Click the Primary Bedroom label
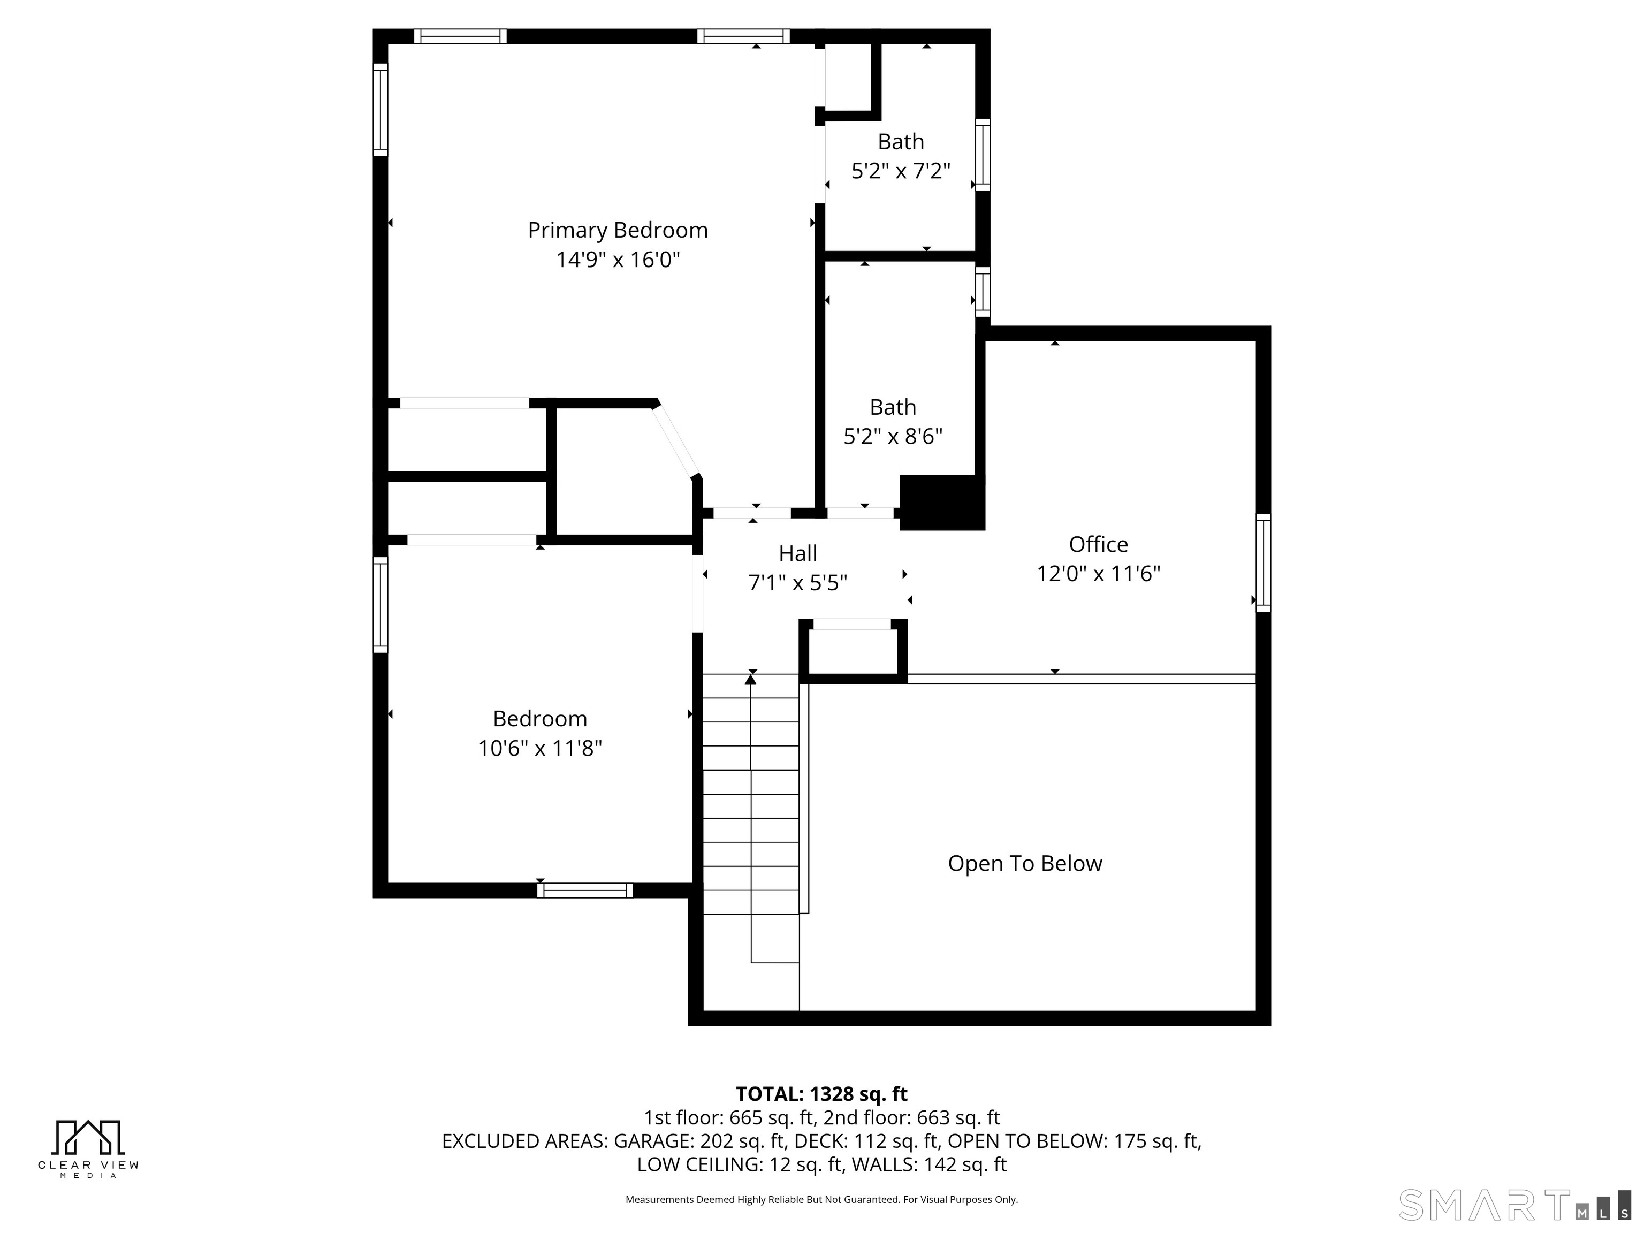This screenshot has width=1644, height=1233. pyautogui.click(x=618, y=231)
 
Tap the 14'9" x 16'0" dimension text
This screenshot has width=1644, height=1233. pyautogui.click(x=618, y=260)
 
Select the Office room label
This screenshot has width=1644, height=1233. pyautogui.click(x=1099, y=544)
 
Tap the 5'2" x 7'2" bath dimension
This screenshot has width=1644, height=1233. pyautogui.click(x=901, y=171)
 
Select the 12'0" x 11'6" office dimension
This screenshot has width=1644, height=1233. pyautogui.click(x=1099, y=573)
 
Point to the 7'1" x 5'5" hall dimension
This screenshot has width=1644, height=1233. pyautogui.click(x=797, y=583)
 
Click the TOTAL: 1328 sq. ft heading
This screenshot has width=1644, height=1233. pyautogui.click(x=821, y=1094)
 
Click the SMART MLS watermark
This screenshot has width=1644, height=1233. pyautogui.click(x=1514, y=1205)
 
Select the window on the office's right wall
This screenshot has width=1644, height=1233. pyautogui.click(x=1264, y=562)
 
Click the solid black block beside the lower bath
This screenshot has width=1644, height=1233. pyautogui.click(x=942, y=503)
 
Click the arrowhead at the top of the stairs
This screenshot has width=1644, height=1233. pyautogui.click(x=751, y=678)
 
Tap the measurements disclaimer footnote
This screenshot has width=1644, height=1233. pyautogui.click(x=821, y=1200)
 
